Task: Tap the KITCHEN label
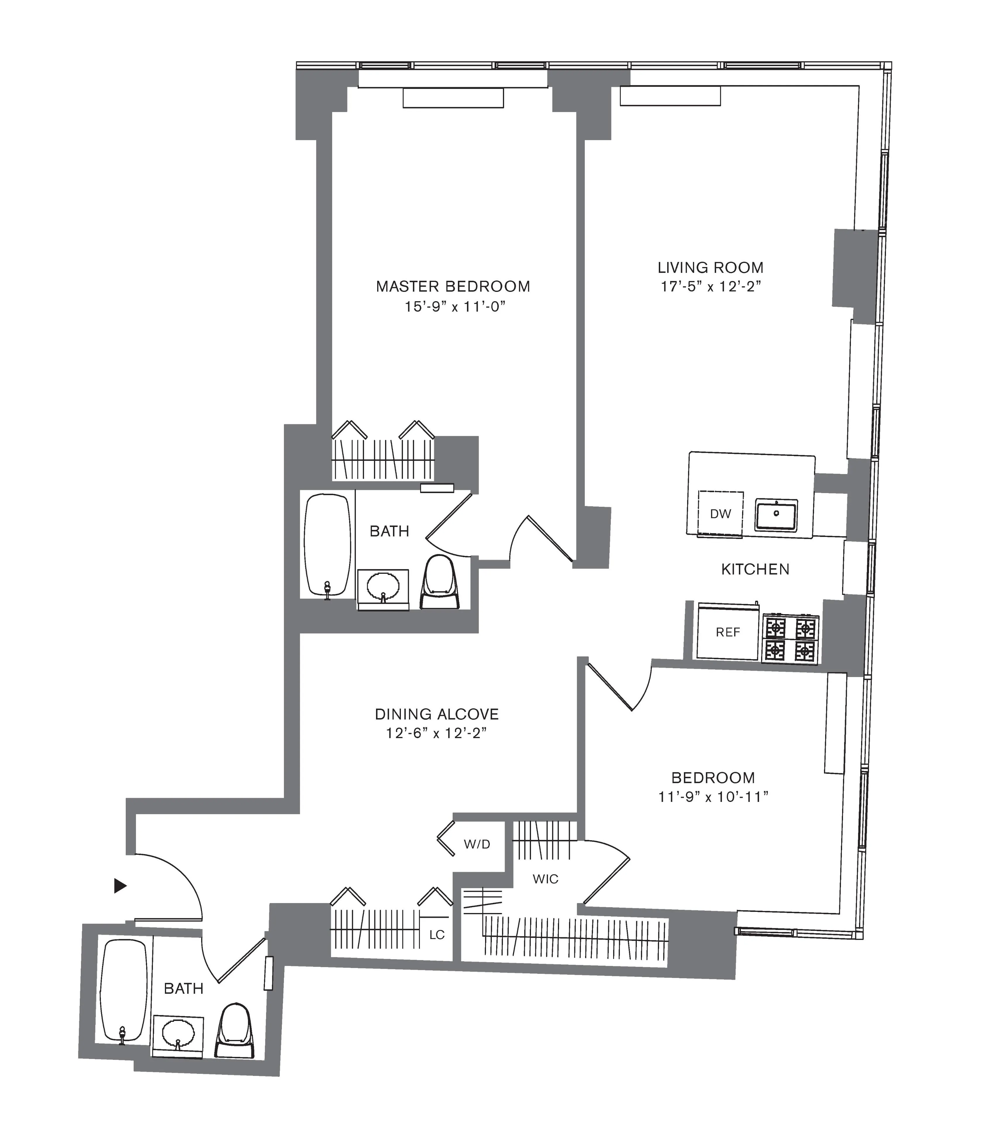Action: click(755, 569)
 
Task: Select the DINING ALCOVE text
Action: click(437, 714)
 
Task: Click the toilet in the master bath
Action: click(439, 582)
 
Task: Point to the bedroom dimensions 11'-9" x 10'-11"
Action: click(713, 797)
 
